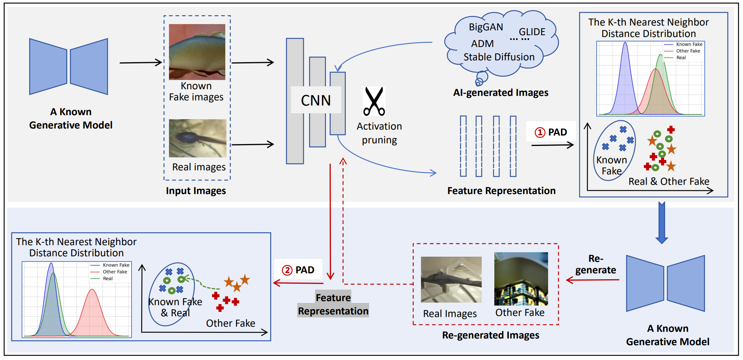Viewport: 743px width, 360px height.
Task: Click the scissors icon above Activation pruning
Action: tap(374, 101)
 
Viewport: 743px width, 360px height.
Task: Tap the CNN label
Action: tap(316, 100)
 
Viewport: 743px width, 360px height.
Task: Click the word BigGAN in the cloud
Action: tap(486, 27)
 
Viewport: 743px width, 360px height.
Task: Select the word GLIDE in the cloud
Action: tap(532, 32)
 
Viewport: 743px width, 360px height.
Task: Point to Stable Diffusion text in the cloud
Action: tap(499, 57)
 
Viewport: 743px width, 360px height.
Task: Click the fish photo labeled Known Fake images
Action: tap(197, 52)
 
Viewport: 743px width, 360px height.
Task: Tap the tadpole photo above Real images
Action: tap(198, 138)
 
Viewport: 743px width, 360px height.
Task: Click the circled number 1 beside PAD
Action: tap(540, 132)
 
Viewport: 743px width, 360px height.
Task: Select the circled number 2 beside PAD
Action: tap(287, 270)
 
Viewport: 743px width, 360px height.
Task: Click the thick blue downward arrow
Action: tap(661, 222)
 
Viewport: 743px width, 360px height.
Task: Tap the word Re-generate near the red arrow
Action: tap(596, 264)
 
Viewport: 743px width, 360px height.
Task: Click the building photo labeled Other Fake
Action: tap(521, 279)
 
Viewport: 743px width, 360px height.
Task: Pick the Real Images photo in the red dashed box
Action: tap(451, 280)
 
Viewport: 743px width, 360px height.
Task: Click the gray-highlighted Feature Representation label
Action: tap(333, 304)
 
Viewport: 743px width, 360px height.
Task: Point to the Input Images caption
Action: tap(196, 191)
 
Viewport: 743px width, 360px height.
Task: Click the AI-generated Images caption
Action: tap(501, 93)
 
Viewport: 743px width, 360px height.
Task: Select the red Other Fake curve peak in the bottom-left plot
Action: tap(92, 290)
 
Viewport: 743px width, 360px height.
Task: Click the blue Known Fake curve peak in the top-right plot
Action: tap(625, 43)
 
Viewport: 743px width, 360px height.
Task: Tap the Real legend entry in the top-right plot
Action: tap(681, 58)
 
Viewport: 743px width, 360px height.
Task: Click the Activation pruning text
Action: tap(379, 133)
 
